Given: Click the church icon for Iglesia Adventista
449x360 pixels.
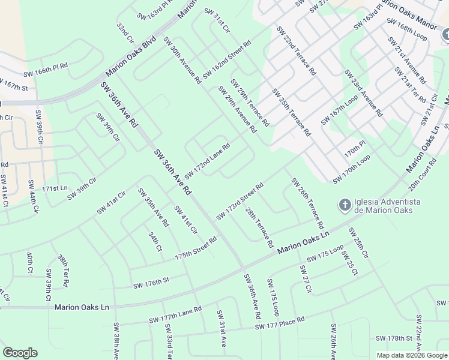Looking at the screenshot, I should click(345, 206).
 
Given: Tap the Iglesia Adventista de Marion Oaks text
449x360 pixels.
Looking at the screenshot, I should click(387, 206).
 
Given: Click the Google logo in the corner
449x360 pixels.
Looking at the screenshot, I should click(20, 353).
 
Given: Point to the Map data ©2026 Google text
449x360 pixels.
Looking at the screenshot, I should click(412, 355).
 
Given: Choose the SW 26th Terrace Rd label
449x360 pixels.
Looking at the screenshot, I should click(307, 203).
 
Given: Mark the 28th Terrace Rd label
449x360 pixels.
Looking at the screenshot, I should click(259, 228).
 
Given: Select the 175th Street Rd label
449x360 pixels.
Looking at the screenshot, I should click(196, 248).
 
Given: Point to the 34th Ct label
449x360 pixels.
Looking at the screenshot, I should click(155, 241).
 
